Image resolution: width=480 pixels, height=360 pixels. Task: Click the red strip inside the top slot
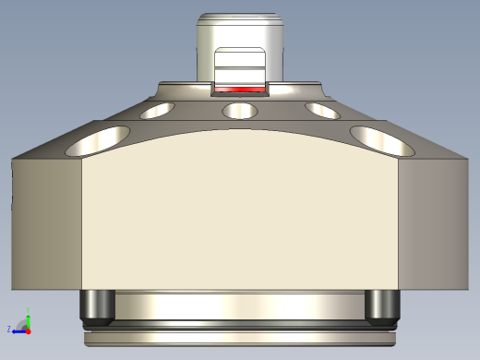(x=239, y=90)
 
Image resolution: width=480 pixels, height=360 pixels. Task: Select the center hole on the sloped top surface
(x=240, y=111)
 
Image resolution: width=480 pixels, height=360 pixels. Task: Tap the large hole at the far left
(x=99, y=139)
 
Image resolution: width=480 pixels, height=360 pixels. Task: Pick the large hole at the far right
(x=380, y=139)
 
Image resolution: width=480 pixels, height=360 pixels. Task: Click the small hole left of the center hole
(x=158, y=111)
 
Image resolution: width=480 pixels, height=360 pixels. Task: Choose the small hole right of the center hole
(x=322, y=111)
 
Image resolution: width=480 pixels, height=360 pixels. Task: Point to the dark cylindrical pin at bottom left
(x=97, y=306)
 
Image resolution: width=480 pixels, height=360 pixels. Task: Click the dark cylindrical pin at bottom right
(x=382, y=306)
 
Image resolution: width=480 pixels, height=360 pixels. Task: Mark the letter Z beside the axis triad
(x=9, y=329)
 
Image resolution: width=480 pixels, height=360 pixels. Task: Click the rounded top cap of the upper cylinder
(x=240, y=19)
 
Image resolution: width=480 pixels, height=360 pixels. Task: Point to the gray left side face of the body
(x=46, y=222)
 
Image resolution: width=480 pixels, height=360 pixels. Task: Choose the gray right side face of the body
(x=432, y=222)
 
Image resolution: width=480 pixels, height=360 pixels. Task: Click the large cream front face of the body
(x=240, y=212)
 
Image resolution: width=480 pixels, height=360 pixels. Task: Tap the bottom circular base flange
(x=240, y=338)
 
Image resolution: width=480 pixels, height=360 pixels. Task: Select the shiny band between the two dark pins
(x=240, y=305)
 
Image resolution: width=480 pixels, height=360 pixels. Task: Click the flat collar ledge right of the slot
(x=295, y=90)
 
